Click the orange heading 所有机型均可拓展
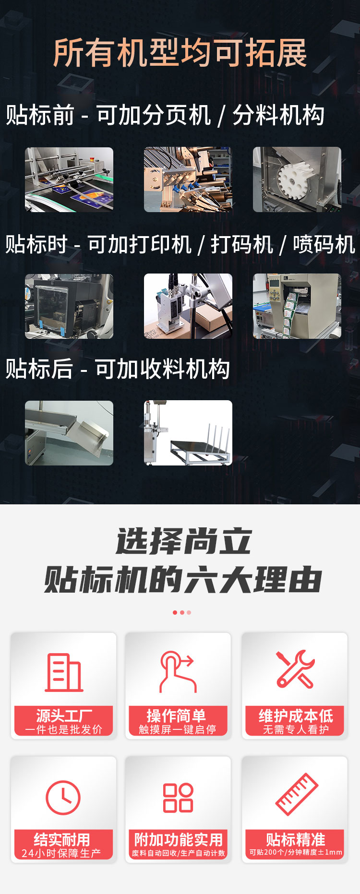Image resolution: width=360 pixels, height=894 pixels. (x=180, y=53)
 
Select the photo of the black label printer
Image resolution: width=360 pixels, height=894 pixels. (x=69, y=306)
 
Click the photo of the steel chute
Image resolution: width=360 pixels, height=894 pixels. (x=69, y=433)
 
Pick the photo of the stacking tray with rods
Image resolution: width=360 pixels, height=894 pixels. (x=188, y=433)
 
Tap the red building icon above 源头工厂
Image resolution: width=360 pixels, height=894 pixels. (x=64, y=672)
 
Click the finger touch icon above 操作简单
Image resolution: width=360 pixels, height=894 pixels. (x=178, y=671)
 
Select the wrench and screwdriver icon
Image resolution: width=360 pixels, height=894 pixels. (x=295, y=669)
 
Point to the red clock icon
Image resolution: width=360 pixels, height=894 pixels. (x=63, y=798)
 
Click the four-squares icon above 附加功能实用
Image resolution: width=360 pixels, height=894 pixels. (x=178, y=798)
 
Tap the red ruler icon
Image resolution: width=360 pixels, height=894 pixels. (x=297, y=794)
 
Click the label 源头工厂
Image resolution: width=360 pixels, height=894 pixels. (x=64, y=716)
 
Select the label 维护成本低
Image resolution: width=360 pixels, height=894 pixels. (x=296, y=716)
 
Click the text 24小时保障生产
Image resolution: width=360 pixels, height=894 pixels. (x=61, y=853)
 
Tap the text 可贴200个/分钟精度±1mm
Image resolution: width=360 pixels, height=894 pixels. (x=296, y=852)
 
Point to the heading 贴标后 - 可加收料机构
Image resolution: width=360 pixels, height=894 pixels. (x=118, y=369)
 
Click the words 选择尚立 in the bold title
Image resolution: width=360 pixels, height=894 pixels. (x=184, y=541)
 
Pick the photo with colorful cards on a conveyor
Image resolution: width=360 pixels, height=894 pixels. (x=69, y=179)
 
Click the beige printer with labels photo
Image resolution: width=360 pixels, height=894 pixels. (x=297, y=306)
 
